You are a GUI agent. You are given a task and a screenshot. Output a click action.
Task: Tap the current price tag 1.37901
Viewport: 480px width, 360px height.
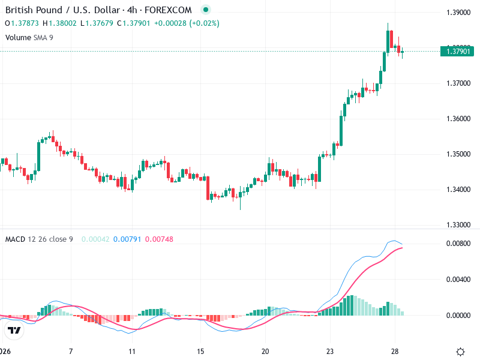pos(458,52)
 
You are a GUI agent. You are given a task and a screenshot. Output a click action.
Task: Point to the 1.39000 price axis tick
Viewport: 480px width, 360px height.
pos(458,13)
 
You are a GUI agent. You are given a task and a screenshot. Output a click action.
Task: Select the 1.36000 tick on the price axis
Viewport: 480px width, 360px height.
pos(458,119)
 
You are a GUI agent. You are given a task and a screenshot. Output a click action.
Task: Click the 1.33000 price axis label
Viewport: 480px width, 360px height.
pos(458,225)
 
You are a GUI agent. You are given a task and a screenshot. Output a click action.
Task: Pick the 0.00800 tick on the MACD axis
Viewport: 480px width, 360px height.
pos(458,244)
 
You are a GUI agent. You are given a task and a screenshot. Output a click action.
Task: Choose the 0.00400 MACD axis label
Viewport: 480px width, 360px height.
pos(458,280)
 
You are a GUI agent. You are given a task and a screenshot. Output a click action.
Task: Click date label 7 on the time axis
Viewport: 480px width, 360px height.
pos(71,351)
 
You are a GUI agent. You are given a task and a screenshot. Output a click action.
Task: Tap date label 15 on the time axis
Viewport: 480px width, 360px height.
pos(201,351)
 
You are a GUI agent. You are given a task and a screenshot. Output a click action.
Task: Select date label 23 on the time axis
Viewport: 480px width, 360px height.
pos(330,351)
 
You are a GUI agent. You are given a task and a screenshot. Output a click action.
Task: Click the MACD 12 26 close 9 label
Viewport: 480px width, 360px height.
pos(39,239)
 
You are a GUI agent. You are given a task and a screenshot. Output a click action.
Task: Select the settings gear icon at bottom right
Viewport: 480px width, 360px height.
pos(461,352)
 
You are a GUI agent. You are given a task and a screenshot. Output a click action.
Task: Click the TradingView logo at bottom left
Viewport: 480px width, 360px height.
pos(14,331)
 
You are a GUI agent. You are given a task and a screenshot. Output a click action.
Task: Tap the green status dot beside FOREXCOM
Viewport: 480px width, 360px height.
pos(206,10)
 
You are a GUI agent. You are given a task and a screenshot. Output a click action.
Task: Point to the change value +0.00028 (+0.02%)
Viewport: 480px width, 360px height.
pos(187,23)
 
